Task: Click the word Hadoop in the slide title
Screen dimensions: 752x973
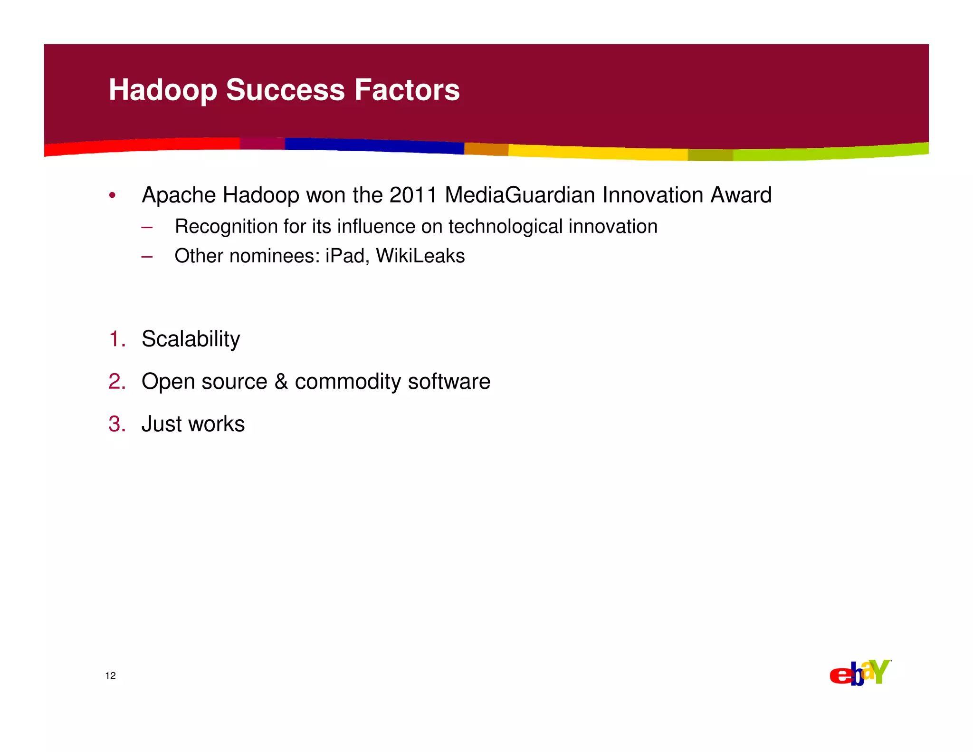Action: point(163,90)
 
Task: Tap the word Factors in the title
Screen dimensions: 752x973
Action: point(407,90)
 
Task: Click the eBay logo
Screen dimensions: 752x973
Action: point(860,673)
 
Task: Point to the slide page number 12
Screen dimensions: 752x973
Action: point(110,676)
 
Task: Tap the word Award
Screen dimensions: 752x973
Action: point(741,195)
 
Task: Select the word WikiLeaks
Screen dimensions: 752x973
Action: point(420,256)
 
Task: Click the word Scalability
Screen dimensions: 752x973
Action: point(191,339)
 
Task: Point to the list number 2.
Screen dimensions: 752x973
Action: point(117,382)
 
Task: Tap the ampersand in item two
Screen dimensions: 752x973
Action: point(281,382)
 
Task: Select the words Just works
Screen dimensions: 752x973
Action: point(193,424)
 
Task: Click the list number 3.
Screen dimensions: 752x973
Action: point(117,424)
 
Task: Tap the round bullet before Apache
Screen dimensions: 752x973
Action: point(112,195)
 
